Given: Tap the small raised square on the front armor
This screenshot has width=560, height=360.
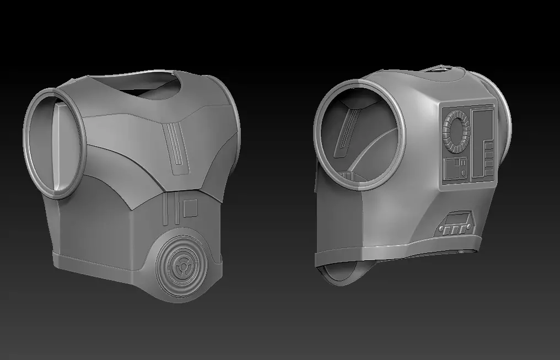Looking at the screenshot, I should click(x=190, y=208).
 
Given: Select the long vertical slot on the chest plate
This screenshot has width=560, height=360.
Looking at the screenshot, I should click(x=176, y=146).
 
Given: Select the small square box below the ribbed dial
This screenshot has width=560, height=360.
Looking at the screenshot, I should click(x=456, y=168).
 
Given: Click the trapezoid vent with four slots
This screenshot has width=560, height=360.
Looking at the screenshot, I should click(x=455, y=223).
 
